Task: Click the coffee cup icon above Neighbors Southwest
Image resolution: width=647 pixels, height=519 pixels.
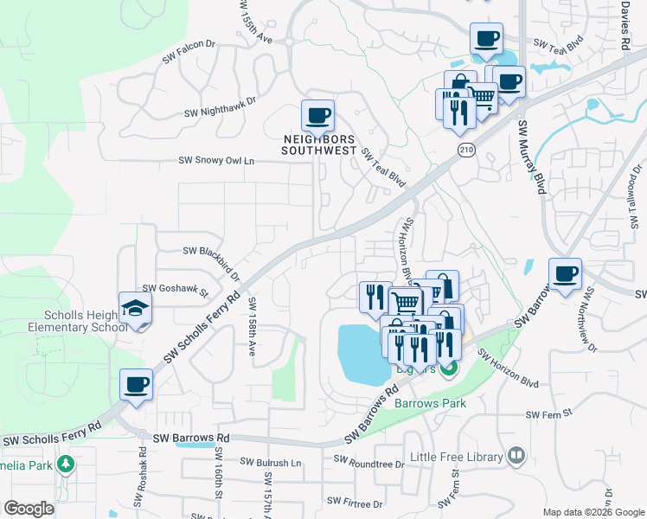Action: pyautogui.click(x=317, y=114)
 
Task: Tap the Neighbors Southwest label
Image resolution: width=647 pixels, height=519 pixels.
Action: pyautogui.click(x=319, y=144)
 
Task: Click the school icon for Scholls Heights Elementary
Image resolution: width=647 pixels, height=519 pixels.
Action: pyautogui.click(x=135, y=309)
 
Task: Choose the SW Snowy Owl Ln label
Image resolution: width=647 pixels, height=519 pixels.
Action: pyautogui.click(x=217, y=161)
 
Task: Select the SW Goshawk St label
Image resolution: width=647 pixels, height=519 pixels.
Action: pyautogui.click(x=176, y=290)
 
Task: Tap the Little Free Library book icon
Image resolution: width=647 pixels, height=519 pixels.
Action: pyautogui.click(x=516, y=454)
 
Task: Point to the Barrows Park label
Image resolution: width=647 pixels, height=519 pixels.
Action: pyautogui.click(x=430, y=403)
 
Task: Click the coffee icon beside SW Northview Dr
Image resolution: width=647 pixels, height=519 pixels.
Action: pyautogui.click(x=566, y=274)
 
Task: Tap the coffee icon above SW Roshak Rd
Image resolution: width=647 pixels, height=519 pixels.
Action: pyautogui.click(x=137, y=383)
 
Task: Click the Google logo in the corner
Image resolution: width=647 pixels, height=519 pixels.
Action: pyautogui.click(x=29, y=509)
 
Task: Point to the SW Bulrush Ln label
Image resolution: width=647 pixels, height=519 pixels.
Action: pyautogui.click(x=271, y=463)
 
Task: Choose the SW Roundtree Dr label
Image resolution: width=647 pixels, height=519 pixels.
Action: pyautogui.click(x=368, y=465)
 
